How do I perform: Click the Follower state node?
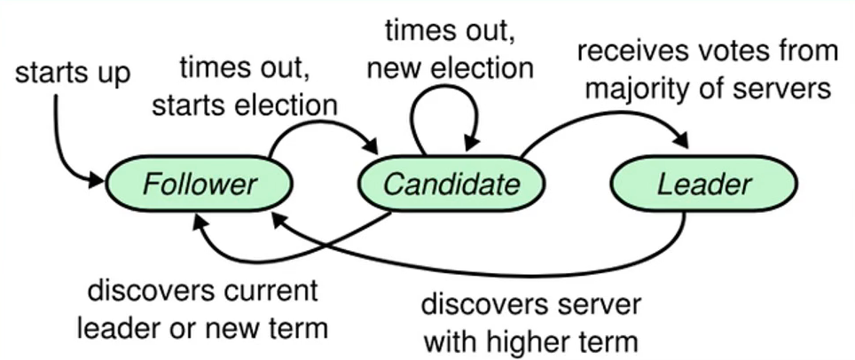[x=200, y=184]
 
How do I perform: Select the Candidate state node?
[x=451, y=184]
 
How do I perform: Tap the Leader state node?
[x=704, y=184]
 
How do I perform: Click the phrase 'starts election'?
[x=246, y=105]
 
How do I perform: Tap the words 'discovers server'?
[x=530, y=305]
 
